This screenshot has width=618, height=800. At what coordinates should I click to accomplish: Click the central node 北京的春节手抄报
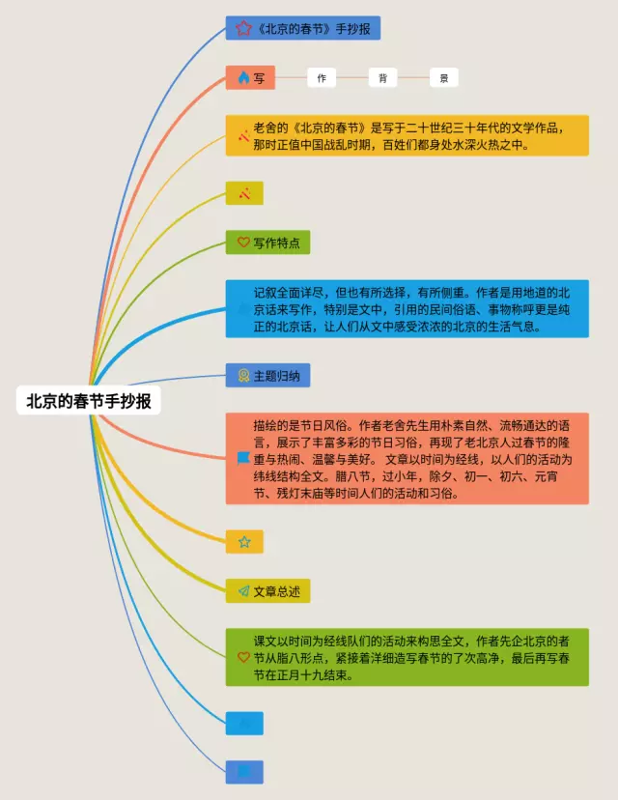click(x=88, y=401)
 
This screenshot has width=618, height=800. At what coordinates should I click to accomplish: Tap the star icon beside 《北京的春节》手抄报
click(x=242, y=28)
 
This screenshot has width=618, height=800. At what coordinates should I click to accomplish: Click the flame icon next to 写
click(x=243, y=78)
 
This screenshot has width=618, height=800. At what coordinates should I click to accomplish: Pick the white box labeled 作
click(x=322, y=78)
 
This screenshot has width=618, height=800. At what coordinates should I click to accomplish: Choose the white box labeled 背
click(x=382, y=78)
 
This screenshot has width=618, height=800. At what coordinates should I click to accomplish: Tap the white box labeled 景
click(x=443, y=78)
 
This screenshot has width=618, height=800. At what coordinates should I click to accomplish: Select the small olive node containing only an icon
click(x=244, y=193)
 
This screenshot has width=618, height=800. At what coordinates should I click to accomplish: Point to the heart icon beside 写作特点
click(x=243, y=243)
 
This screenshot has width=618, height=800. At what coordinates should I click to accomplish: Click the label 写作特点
click(x=276, y=243)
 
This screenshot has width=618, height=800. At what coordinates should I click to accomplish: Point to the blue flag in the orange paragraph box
click(x=243, y=458)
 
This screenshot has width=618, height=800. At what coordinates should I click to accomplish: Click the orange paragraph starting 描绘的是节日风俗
click(x=415, y=458)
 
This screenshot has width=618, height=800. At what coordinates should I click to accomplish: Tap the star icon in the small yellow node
click(x=244, y=542)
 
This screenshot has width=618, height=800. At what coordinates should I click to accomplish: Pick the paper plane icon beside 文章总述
click(x=243, y=590)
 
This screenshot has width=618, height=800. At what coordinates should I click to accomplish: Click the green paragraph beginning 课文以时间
click(x=415, y=657)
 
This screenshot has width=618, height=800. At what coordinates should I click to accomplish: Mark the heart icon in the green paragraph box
click(x=243, y=657)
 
